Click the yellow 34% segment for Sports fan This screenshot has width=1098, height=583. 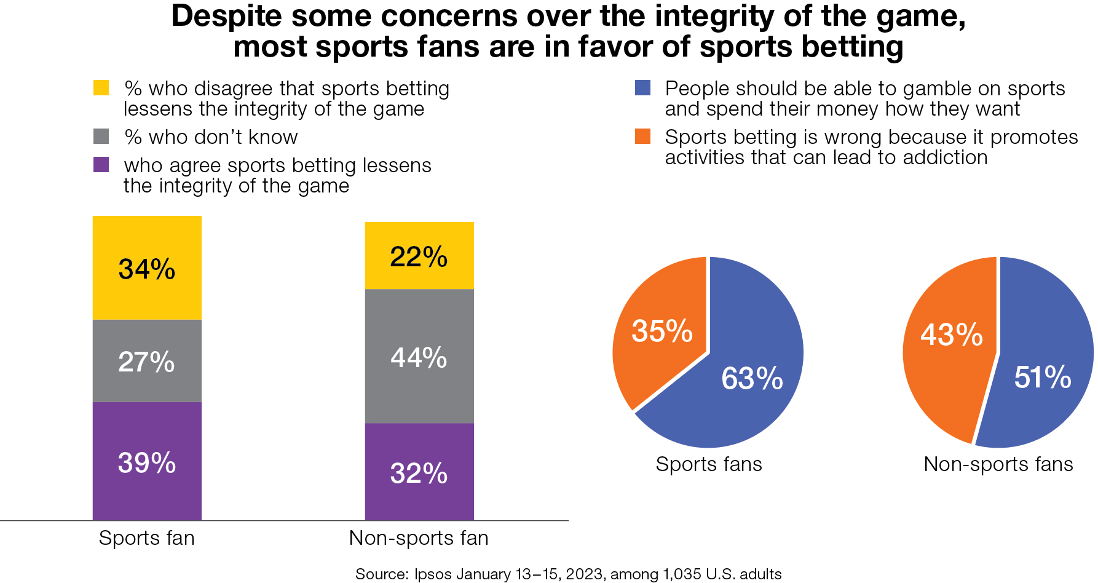coord(147,268)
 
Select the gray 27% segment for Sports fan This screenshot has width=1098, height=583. coord(147,361)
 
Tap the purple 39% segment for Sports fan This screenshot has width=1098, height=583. coord(147,461)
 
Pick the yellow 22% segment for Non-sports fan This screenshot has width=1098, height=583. coord(419,255)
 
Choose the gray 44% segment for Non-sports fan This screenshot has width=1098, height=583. coord(419,357)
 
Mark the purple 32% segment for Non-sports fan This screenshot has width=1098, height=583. coord(419,472)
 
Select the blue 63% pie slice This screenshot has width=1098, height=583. coord(751,378)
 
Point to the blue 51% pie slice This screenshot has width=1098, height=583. coord(1042,376)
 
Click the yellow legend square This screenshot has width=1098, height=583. coord(101,88)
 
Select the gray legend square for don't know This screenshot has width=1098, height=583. coord(101,136)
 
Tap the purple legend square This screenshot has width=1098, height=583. coord(101,165)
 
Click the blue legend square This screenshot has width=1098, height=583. coord(642,88)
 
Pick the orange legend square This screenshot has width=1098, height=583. coord(642,136)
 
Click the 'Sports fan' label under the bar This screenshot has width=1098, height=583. coord(147,538)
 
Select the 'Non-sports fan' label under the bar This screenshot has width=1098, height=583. coord(419,538)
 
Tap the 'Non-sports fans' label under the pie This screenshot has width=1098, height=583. coord(998,464)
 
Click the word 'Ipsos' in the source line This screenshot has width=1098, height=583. coord(433,574)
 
